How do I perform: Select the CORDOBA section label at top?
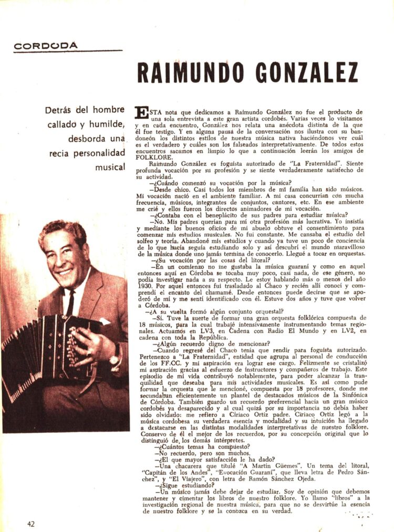[x=46, y=46]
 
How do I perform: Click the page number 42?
[x=31, y=523]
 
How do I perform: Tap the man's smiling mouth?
[x=65, y=272]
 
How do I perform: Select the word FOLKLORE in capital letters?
[x=153, y=157]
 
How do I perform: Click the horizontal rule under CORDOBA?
[x=68, y=51]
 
